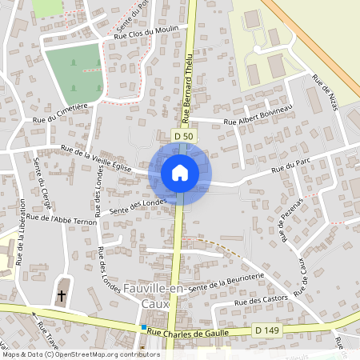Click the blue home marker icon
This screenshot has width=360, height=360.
click(x=179, y=172)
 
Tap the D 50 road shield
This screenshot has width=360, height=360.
click(x=183, y=137)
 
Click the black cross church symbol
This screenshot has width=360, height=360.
click(x=62, y=296)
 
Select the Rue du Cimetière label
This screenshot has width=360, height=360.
click(x=60, y=116)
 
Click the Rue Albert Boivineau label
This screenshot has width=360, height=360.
click(x=258, y=114)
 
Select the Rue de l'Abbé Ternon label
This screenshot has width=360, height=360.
click(x=62, y=218)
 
